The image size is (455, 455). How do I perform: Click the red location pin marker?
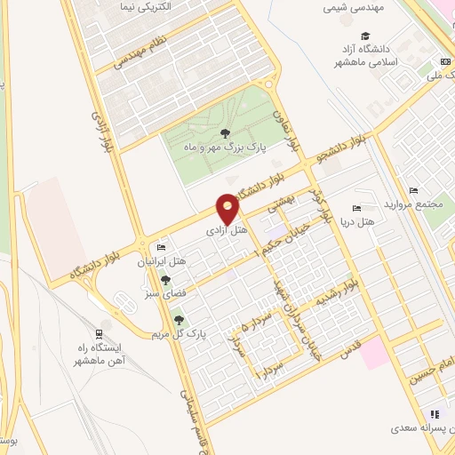(x=228, y=209)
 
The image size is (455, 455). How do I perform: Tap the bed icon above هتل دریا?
(x=356, y=208)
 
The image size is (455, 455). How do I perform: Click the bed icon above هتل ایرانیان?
(x=161, y=246)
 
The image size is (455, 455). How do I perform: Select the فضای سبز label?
(x=165, y=293)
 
